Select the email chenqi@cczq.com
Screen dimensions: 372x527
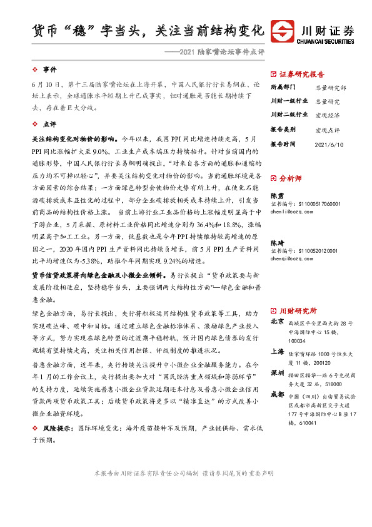pyautogui.click(x=291, y=257)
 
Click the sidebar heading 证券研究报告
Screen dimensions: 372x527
pyautogui.click(x=301, y=73)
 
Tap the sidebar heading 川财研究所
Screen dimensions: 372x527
pyautogui.click(x=297, y=310)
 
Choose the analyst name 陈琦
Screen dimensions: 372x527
pyautogui.click(x=276, y=242)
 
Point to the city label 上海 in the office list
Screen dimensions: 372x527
pyautogui.click(x=277, y=352)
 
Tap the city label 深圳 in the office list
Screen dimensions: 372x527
pyautogui.click(x=277, y=372)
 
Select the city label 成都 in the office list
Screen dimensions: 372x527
pyautogui.click(x=277, y=395)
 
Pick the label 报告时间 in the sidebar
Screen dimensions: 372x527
pyautogui.click(x=285, y=144)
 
